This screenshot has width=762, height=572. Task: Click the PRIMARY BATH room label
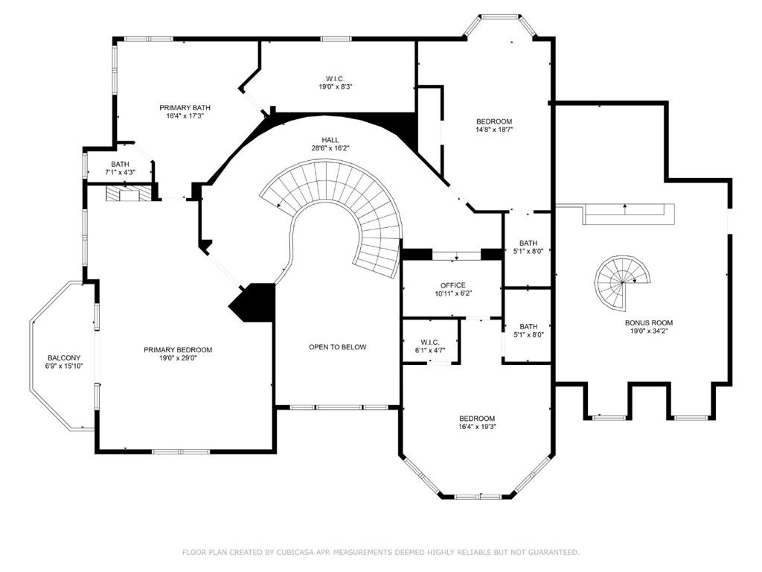(x=185, y=107)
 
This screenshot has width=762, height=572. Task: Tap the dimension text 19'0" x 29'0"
(x=178, y=358)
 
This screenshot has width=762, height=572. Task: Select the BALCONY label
(x=64, y=358)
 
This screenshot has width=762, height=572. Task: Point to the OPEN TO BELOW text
(x=338, y=347)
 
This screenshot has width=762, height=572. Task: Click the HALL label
(x=330, y=140)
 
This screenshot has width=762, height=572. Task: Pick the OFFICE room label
(x=453, y=285)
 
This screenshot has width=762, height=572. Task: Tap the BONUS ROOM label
(x=649, y=322)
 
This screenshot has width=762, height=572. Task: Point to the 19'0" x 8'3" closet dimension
(x=336, y=86)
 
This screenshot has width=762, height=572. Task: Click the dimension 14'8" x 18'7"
(x=494, y=130)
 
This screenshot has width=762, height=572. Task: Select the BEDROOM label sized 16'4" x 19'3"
(x=477, y=419)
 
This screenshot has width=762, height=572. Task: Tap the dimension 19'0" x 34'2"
(x=649, y=331)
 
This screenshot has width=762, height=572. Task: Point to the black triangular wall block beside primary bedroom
(x=253, y=302)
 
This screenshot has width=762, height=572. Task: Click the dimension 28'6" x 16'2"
(x=330, y=148)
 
